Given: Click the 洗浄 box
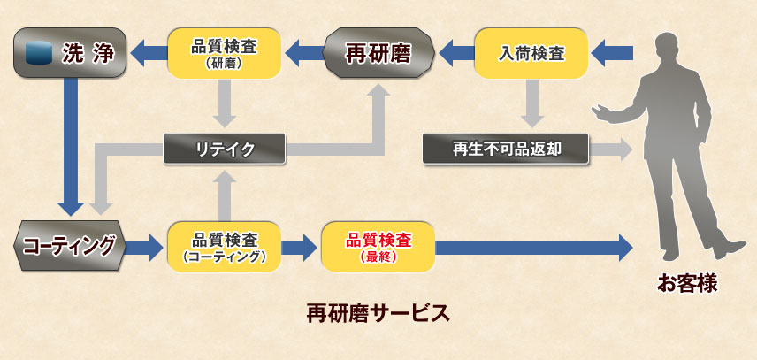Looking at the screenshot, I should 70,53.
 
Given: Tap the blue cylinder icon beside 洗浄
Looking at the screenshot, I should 37,53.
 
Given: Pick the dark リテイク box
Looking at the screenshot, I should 225,149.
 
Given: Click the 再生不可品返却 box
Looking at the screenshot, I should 506,149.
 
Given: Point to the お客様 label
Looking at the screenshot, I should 685,285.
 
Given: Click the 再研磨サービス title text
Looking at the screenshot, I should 378,313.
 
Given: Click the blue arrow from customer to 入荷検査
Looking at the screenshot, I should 612,53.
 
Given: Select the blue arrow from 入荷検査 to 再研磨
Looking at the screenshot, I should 455,53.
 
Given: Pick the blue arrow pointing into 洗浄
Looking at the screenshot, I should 148,53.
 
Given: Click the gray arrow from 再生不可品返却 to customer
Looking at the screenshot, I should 611,149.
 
